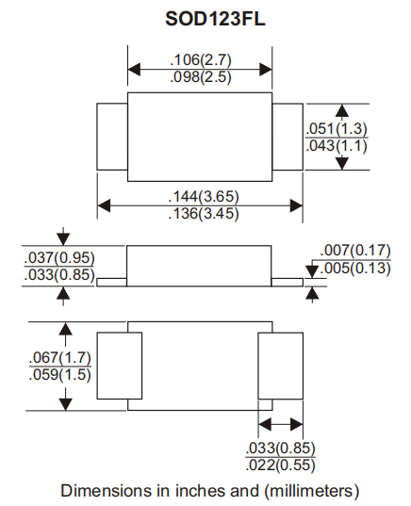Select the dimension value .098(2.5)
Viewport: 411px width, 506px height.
click(200, 77)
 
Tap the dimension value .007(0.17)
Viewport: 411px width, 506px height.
click(355, 251)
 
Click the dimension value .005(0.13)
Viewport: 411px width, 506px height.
click(355, 268)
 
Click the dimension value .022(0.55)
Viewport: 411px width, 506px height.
click(280, 465)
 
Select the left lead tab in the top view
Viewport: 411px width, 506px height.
click(112, 137)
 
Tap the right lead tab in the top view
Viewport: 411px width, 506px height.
click(288, 137)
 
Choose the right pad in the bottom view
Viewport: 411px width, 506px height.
click(280, 367)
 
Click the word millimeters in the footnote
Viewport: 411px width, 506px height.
click(308, 491)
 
